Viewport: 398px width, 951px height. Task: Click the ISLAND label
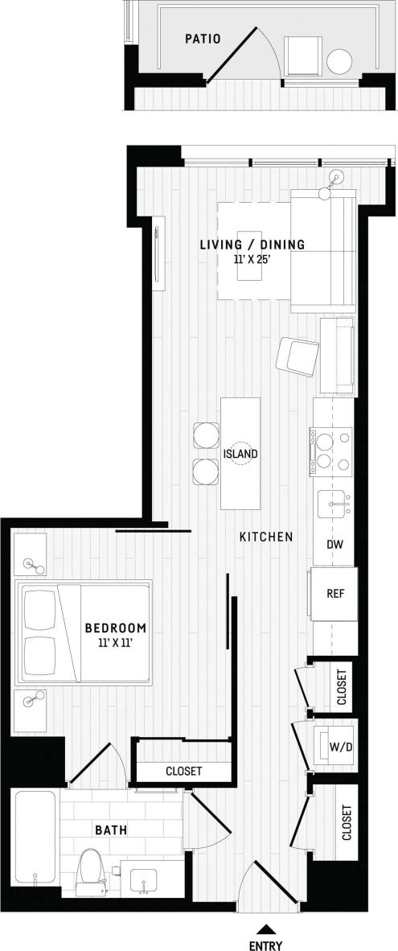point(240,454)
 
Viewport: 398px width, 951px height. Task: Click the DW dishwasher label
point(335,545)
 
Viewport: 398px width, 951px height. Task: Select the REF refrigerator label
point(335,595)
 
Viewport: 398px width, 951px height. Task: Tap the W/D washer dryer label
point(339,747)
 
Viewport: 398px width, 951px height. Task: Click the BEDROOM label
point(117,628)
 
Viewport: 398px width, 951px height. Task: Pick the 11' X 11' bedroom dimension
point(117,643)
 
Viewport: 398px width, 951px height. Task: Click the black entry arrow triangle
point(265,927)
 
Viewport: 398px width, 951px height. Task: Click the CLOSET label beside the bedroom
point(183,771)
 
